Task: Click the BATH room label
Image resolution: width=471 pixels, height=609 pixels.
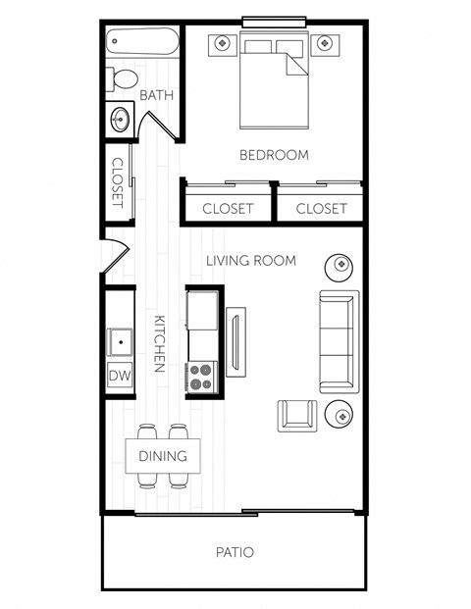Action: [157, 95]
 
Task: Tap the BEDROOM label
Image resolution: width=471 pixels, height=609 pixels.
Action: [274, 155]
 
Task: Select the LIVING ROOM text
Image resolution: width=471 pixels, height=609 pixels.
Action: [250, 260]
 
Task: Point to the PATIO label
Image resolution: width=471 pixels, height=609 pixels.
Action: [235, 552]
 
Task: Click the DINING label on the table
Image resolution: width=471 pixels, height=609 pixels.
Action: [162, 456]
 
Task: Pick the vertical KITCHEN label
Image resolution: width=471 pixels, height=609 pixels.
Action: [157, 343]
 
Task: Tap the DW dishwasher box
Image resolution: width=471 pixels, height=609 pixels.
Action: [120, 376]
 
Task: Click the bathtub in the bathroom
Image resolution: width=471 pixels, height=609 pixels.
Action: [142, 43]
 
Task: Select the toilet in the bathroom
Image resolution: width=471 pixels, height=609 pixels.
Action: [124, 79]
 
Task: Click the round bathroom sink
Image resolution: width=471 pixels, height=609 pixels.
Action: [121, 120]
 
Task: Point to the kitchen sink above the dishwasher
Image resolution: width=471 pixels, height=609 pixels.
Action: [120, 342]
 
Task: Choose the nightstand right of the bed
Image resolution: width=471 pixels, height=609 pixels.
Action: [325, 43]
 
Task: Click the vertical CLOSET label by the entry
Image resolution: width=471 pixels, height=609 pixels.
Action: [118, 181]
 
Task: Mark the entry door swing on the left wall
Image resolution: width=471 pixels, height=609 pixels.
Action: [114, 257]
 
